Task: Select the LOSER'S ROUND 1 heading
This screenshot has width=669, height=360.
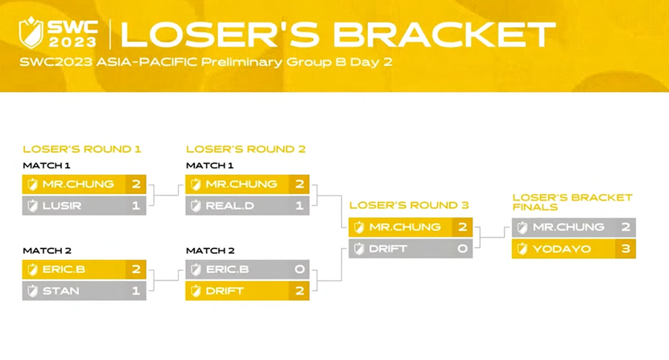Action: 82,149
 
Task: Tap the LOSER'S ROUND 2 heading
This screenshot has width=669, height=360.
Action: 246,149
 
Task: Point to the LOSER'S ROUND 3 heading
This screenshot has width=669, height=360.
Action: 409,205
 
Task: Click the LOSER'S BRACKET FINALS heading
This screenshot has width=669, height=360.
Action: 572,202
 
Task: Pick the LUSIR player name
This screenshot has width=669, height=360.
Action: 61,205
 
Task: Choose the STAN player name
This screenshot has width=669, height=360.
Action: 60,291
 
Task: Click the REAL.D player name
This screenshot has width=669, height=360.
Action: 230,205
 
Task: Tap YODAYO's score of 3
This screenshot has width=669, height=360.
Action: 626,249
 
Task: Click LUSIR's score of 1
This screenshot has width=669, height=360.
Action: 136,205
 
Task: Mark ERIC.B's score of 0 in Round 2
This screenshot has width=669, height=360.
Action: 299,270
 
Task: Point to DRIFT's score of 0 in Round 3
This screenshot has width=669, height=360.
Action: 462,249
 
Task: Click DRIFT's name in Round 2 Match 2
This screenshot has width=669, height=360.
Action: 225,291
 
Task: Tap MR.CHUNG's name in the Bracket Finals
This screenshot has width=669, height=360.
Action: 568,228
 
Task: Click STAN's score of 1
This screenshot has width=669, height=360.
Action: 136,291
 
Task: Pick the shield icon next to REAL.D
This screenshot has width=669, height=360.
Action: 196,205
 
